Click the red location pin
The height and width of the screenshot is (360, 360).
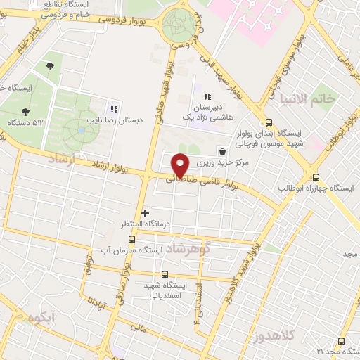(181, 165)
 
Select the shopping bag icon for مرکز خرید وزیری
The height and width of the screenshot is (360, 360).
(223, 151)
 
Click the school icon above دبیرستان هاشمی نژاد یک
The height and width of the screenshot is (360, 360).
(207, 97)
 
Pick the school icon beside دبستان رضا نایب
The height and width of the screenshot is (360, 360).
(113, 109)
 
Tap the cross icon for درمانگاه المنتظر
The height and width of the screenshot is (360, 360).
(146, 213)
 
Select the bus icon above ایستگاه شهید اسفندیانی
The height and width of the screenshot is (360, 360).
(165, 274)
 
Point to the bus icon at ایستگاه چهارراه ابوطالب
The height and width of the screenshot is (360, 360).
(316, 178)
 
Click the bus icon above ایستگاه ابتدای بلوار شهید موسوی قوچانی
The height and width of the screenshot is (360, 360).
(269, 122)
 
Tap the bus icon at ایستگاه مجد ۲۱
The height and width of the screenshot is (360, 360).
(341, 341)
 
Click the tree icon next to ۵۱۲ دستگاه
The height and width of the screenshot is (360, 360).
(26, 112)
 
